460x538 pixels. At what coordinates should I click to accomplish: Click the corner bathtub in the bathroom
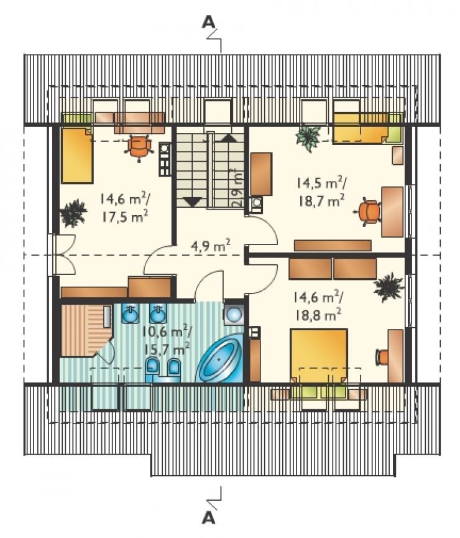[219, 358]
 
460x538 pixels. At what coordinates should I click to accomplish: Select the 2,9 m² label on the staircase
[237, 188]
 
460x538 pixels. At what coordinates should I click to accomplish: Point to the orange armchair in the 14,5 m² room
[369, 211]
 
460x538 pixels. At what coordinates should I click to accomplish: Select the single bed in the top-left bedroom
[77, 154]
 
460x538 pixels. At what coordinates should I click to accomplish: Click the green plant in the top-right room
[309, 137]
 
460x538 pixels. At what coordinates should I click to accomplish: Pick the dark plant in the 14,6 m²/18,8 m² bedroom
[388, 287]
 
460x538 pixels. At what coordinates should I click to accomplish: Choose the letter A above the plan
[209, 22]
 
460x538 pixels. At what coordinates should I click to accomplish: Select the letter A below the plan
[209, 517]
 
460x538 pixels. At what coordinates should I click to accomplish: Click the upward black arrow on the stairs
[228, 137]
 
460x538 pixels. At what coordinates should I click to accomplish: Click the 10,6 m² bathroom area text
[167, 332]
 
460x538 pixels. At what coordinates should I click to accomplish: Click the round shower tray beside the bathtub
[234, 313]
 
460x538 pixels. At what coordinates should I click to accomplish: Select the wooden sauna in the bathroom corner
[86, 331]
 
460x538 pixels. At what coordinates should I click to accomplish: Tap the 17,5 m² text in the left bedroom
[125, 216]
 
